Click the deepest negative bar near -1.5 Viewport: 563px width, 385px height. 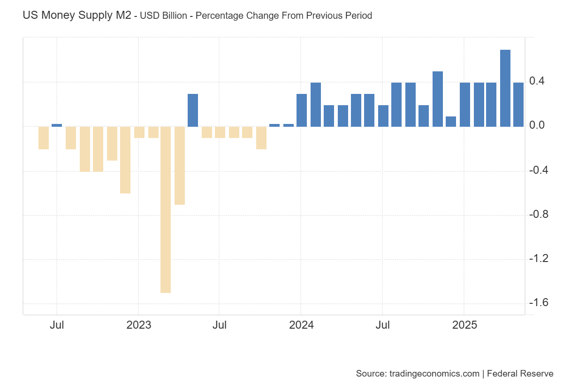[165, 209]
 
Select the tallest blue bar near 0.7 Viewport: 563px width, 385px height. [505, 88]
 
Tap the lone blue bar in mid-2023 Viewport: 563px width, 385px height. [192, 110]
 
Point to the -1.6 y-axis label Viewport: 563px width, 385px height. [539, 302]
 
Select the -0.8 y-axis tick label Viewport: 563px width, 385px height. [539, 215]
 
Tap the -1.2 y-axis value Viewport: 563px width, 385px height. [539, 259]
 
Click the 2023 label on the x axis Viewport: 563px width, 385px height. [138, 325]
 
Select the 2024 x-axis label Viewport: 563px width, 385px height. [301, 325]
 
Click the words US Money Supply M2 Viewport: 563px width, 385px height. [77, 15]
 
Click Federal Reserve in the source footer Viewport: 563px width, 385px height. [520, 374]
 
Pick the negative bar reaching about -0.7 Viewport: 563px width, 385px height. [179, 165]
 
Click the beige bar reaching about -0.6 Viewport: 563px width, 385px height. [125, 160]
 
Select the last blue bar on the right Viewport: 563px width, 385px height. [518, 104]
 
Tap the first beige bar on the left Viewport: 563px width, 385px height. [44, 138]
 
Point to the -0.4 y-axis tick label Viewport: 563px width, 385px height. [539, 170]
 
